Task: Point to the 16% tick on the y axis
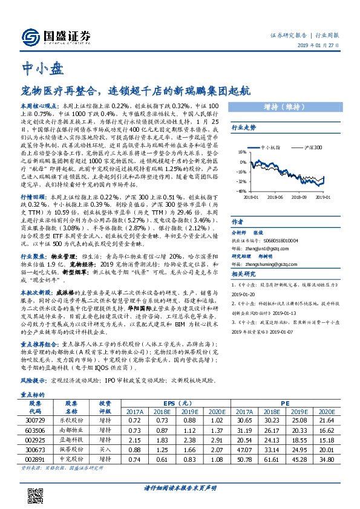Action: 242,153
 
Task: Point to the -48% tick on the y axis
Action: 241,191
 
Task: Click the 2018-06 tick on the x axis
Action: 275,196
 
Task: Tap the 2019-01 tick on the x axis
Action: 322,196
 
